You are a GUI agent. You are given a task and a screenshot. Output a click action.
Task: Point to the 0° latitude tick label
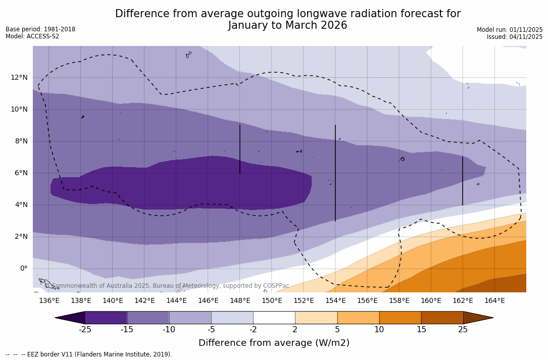tap(23, 268)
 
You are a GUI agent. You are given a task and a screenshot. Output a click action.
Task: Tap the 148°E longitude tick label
tap(240, 301)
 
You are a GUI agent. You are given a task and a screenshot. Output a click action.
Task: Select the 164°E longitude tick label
tap(494, 301)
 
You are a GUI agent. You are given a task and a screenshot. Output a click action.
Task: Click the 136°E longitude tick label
tap(49, 301)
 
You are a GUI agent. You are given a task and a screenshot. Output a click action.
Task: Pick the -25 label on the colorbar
tap(85, 330)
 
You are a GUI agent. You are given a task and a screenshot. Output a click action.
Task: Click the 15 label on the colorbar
tap(421, 330)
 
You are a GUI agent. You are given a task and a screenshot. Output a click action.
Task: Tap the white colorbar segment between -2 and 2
tap(274, 318)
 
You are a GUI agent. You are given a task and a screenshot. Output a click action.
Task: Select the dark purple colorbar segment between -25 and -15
tap(106, 318)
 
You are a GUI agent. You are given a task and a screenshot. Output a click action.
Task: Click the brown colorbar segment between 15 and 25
tap(442, 318)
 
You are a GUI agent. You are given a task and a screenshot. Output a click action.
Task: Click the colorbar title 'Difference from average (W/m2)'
tap(274, 343)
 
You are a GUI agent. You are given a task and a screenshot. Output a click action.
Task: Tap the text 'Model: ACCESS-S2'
tap(32, 36)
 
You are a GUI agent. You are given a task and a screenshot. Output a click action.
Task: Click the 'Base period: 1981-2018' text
tap(40, 29)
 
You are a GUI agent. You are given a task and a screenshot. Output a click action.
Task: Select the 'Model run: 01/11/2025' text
tap(509, 30)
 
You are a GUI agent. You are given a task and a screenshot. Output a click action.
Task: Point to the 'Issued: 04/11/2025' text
tap(514, 37)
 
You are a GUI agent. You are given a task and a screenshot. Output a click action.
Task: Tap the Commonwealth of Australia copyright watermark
tap(167, 286)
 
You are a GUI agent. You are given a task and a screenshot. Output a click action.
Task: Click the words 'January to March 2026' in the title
tap(287, 25)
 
